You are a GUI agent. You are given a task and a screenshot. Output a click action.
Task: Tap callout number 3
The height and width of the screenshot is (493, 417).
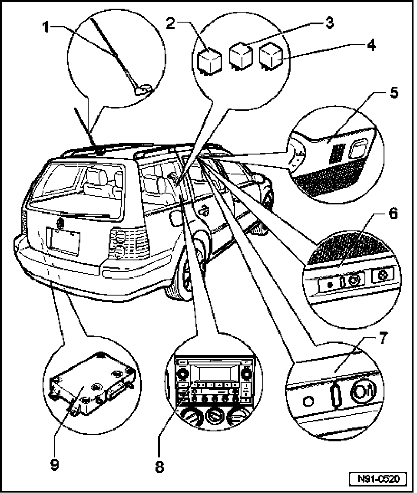pos(330,23)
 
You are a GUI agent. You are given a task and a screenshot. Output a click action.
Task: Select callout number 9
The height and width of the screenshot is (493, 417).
pos(54,465)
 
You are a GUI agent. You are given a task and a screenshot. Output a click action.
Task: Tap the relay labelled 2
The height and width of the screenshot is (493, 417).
pos(209,60)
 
